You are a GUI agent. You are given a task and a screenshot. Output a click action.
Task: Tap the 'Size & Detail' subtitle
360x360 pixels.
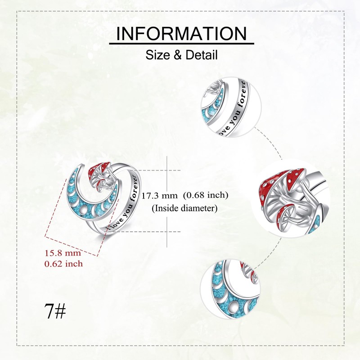pos(181,55)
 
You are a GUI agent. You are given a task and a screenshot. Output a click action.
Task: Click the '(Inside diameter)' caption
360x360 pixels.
pos(185,208)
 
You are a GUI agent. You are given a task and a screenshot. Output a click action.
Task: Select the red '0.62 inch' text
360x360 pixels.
pos(63,264)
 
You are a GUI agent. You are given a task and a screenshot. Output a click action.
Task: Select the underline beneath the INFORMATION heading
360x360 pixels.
pos(181,44)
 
